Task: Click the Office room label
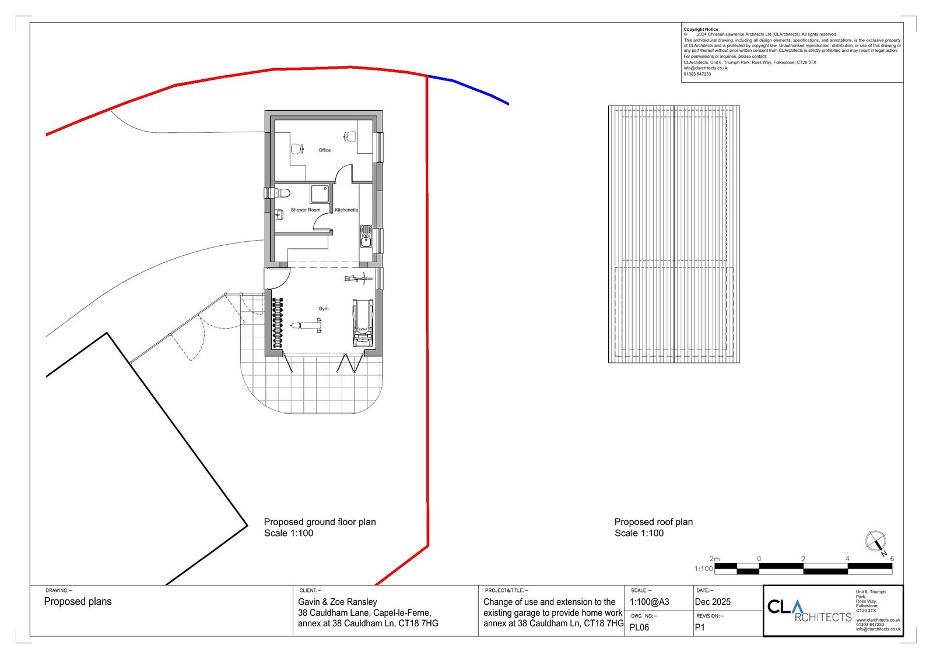(x=324, y=150)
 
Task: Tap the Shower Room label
(x=306, y=210)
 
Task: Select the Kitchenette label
(x=346, y=210)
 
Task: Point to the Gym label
(x=323, y=308)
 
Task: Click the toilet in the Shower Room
(x=280, y=193)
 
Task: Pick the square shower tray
(x=320, y=194)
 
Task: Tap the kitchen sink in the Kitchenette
(x=366, y=236)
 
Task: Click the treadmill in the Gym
(x=363, y=323)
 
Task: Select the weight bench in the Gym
(x=306, y=325)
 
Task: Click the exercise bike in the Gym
(x=358, y=279)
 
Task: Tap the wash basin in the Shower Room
(x=279, y=214)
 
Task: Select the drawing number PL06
(x=639, y=628)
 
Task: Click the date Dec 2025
(x=713, y=601)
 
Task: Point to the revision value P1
(x=700, y=628)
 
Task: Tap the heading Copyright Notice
(x=700, y=30)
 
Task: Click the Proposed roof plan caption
(x=654, y=521)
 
